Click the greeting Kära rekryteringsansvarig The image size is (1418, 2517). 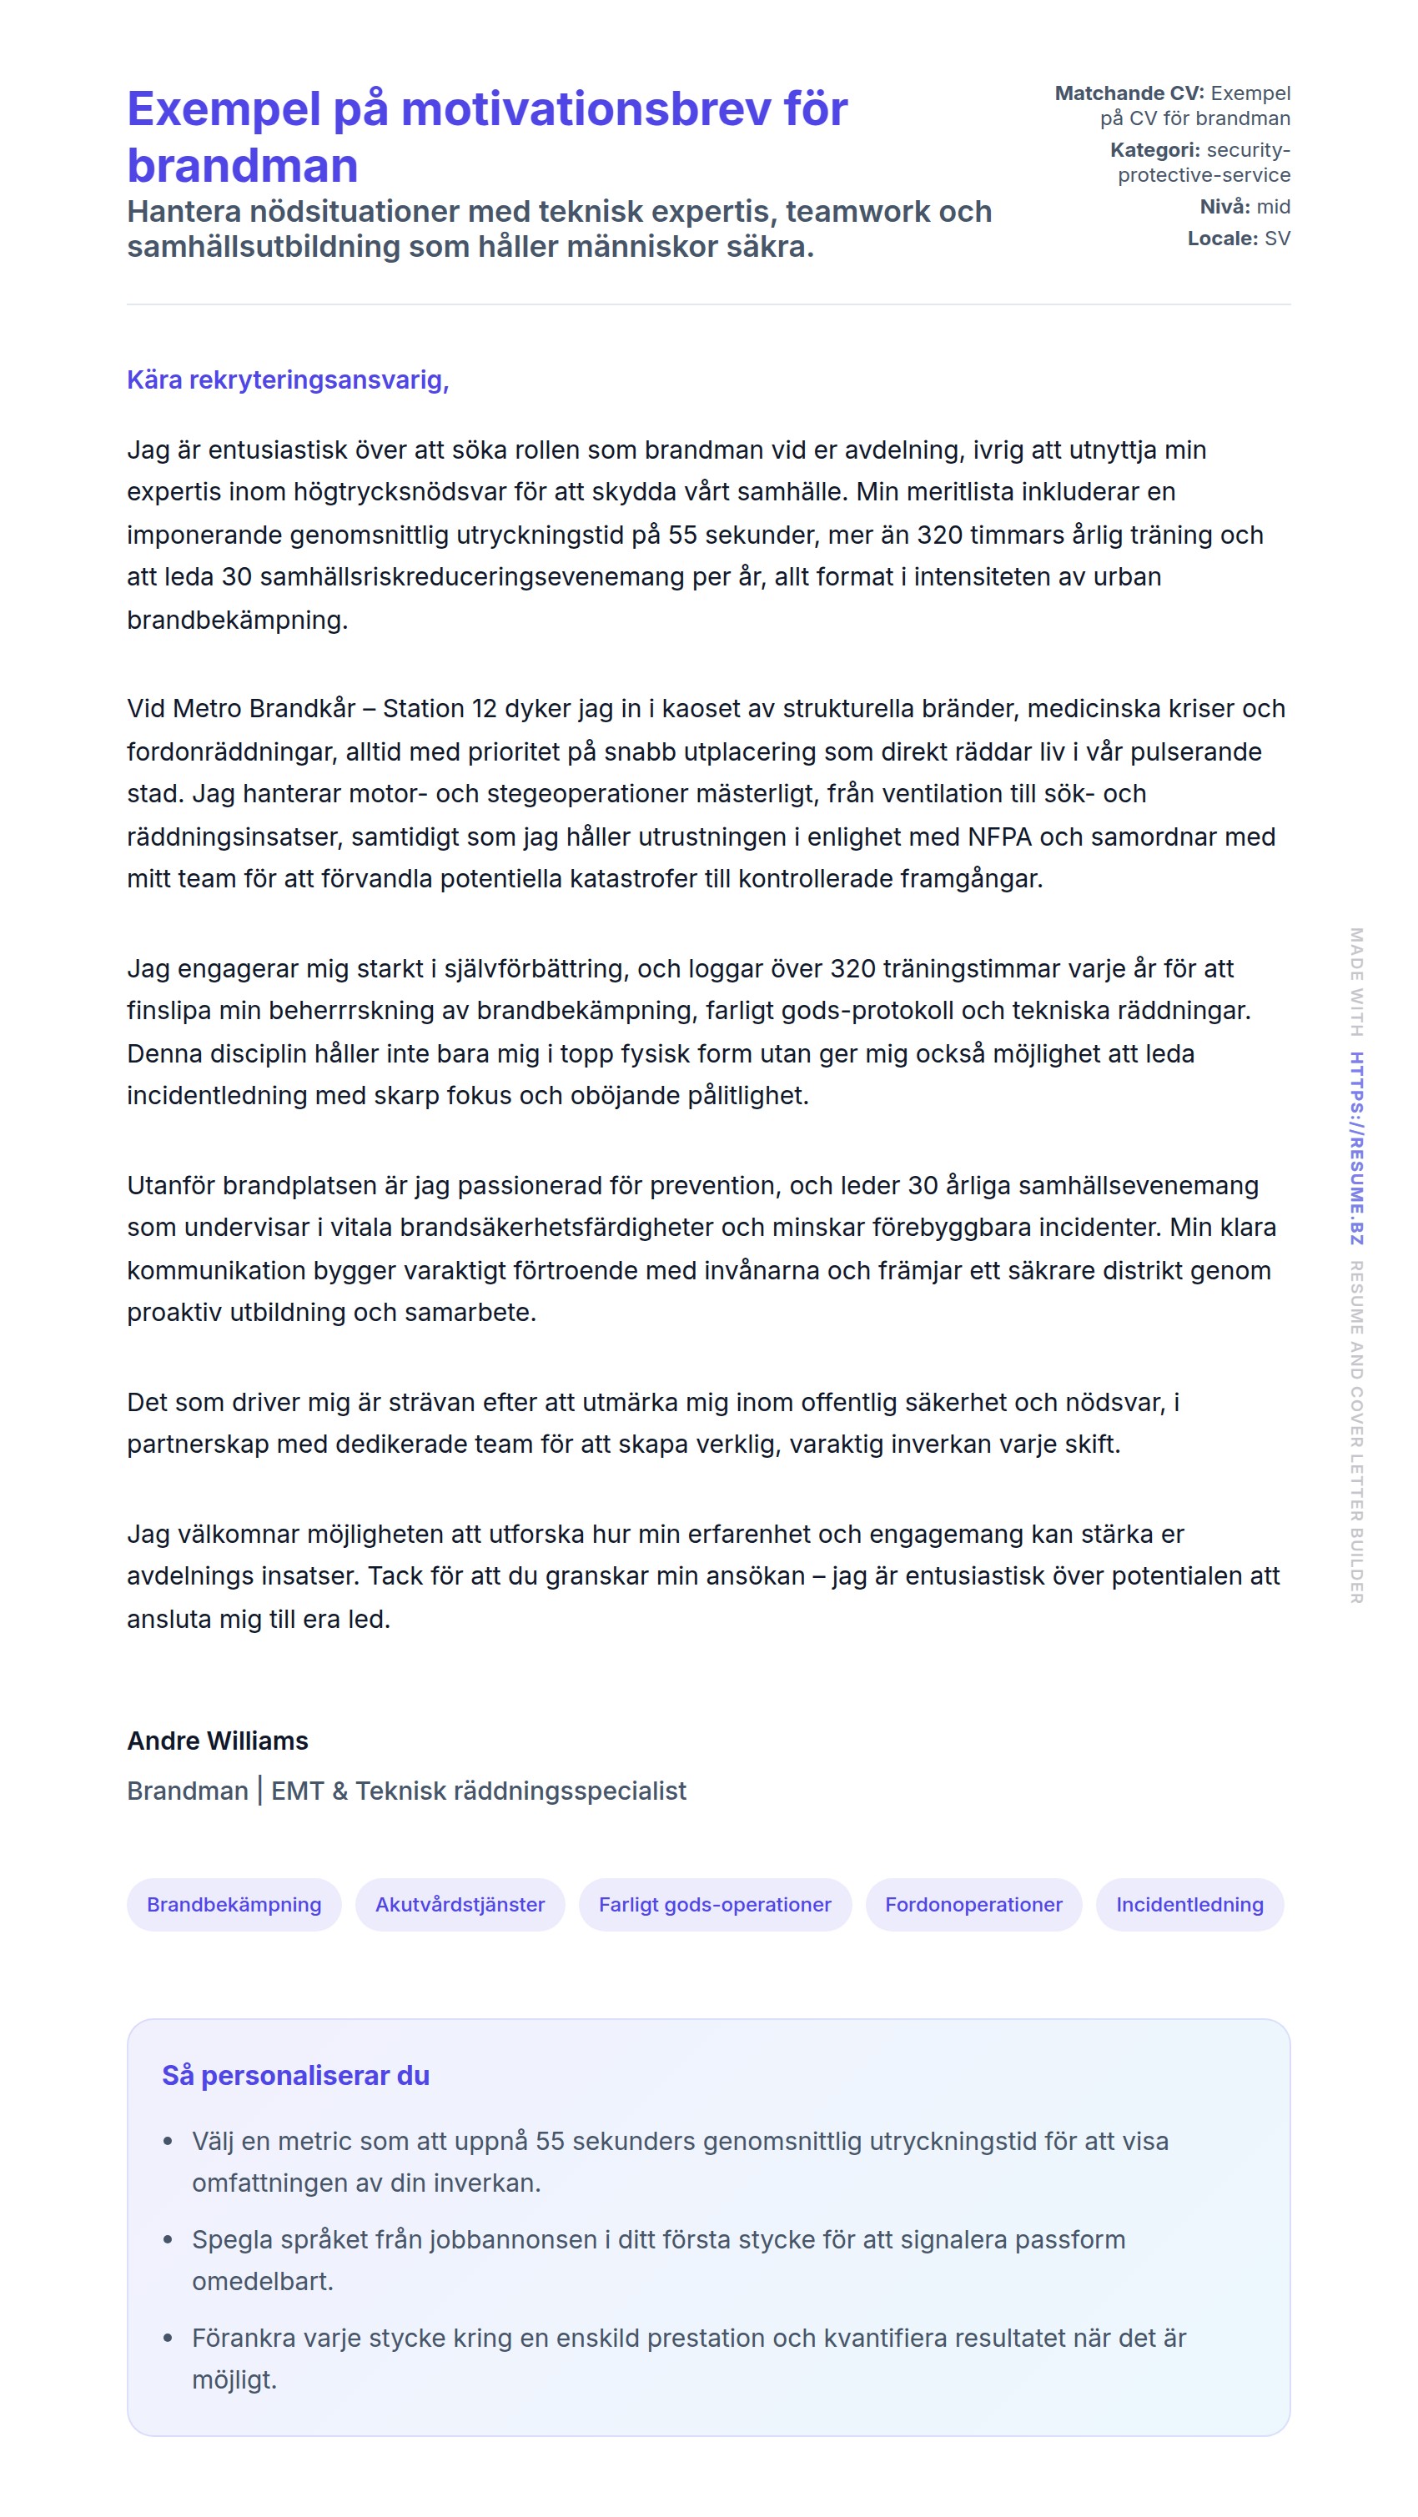point(287,379)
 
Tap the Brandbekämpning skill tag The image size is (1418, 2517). point(234,1904)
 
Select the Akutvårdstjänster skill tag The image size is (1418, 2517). point(460,1904)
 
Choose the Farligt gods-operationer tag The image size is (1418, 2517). point(714,1904)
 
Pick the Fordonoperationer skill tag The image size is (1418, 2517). point(973,1904)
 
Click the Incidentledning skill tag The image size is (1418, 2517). point(1189,1904)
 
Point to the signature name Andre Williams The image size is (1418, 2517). point(217,1741)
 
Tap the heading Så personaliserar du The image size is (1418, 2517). point(295,2075)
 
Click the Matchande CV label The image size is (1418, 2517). point(1129,93)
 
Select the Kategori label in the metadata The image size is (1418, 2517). point(1154,149)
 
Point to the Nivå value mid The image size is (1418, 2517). point(1274,206)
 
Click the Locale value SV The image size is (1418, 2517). point(1276,239)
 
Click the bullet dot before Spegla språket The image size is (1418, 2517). point(168,2239)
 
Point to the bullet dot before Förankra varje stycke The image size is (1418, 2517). point(168,2339)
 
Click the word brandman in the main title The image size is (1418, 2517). point(243,165)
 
